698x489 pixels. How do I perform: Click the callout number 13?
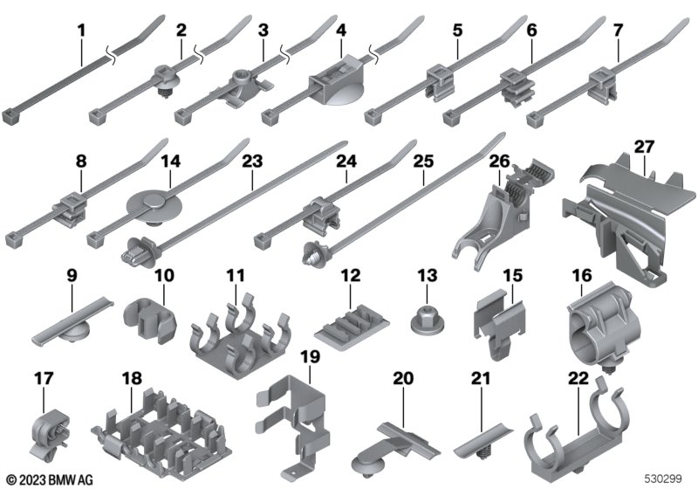(x=427, y=276)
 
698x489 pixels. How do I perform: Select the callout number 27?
(x=644, y=147)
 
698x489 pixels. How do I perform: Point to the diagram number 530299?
(x=663, y=479)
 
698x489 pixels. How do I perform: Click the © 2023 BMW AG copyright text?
(x=50, y=480)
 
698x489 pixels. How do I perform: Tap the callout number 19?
(x=310, y=357)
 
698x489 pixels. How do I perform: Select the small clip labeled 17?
(x=49, y=433)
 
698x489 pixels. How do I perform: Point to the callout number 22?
(x=578, y=378)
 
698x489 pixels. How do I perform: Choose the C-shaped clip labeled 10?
(x=149, y=319)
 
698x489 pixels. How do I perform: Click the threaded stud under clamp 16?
(x=606, y=368)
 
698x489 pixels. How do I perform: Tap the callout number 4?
(x=341, y=31)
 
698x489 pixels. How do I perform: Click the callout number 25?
(x=423, y=162)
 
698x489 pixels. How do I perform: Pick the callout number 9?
(x=72, y=275)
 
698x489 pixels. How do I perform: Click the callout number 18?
(x=132, y=378)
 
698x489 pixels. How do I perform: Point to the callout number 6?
(x=531, y=30)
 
